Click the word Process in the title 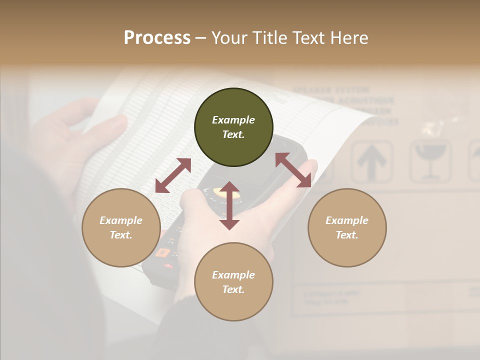(157, 38)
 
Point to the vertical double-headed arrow (229, 206)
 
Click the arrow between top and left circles (173, 175)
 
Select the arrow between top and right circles (293, 170)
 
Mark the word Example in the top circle (233, 120)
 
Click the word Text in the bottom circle (233, 289)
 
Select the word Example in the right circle (347, 220)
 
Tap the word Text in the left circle (121, 235)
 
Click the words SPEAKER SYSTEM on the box (331, 90)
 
